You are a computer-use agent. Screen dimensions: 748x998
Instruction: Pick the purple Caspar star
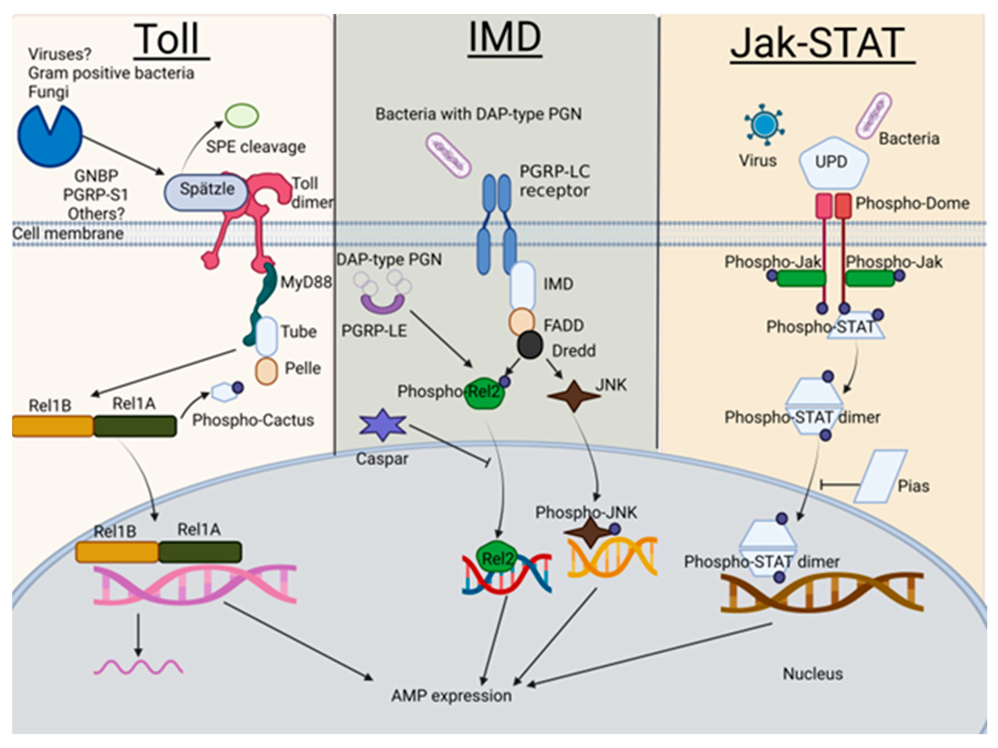point(383,425)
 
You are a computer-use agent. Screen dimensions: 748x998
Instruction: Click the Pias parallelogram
point(880,476)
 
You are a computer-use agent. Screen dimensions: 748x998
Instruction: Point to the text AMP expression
point(451,696)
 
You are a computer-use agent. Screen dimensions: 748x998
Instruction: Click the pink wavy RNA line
point(138,667)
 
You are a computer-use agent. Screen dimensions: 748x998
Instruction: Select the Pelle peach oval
point(266,371)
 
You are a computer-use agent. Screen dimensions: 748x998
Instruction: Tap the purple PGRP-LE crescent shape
point(382,304)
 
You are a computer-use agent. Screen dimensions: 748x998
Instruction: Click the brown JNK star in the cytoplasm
point(573,396)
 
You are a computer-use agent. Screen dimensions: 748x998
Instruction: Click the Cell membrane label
point(68,233)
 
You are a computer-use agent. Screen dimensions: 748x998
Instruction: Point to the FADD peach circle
point(521,321)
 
